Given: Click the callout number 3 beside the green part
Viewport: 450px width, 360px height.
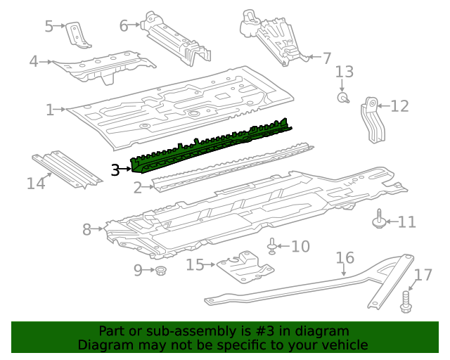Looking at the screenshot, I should click(116, 169).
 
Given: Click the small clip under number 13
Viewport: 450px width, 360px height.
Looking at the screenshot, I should click(343, 98).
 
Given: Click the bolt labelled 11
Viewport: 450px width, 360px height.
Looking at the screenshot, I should click(378, 221).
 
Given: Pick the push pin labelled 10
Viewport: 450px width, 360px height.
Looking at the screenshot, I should click(272, 246).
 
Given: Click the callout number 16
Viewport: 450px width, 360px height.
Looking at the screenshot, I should click(345, 258).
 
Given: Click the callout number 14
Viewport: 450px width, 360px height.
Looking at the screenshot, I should click(36, 184).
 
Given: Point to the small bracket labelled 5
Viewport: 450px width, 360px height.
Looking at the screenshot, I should click(77, 35).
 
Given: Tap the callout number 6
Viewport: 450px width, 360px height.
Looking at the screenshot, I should click(124, 26).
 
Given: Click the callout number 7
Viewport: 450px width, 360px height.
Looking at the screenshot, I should click(326, 58).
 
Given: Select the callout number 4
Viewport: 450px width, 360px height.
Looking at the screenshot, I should click(33, 62).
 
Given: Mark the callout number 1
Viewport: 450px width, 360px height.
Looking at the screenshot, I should click(50, 110).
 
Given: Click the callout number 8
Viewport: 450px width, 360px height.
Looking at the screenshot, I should click(87, 229).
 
